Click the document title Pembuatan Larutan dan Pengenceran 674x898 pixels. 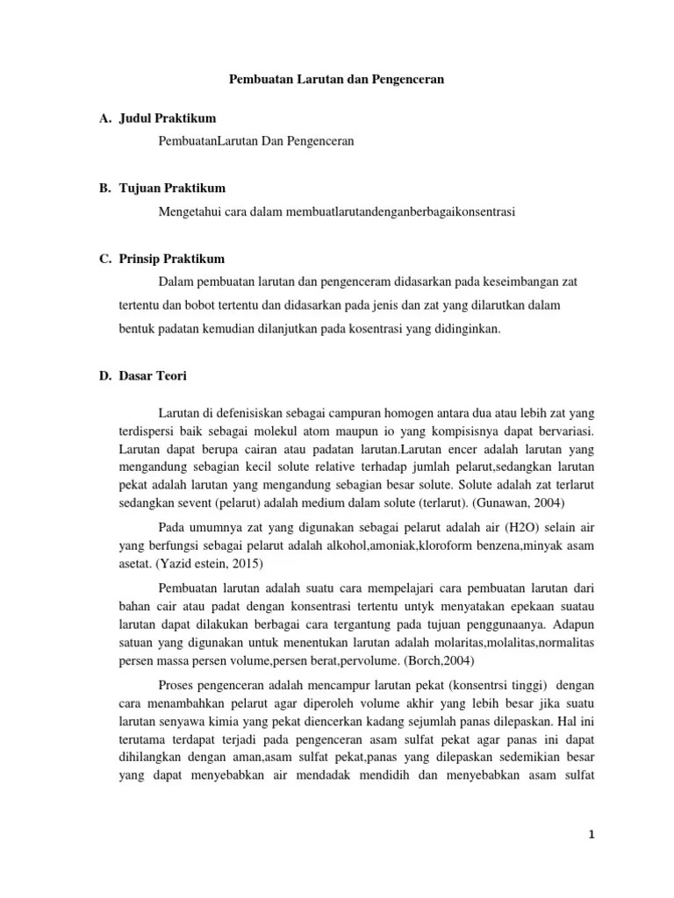click(x=337, y=79)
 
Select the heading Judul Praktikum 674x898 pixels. click(x=168, y=118)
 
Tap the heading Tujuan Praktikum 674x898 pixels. click(x=173, y=189)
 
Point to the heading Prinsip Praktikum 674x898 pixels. click(x=174, y=259)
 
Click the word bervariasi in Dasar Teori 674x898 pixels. click(x=561, y=432)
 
